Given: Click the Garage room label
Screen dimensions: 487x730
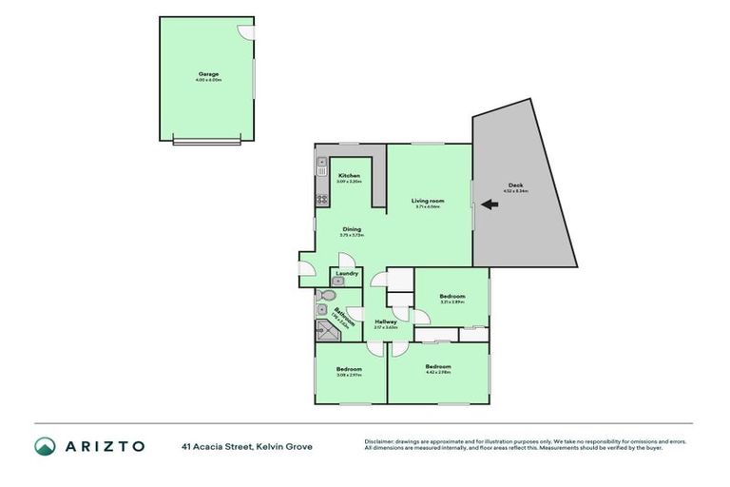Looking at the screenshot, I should pyautogui.click(x=208, y=73).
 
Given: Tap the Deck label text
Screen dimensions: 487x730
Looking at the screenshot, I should pyautogui.click(x=516, y=185).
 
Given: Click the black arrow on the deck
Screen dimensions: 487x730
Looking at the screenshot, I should pyautogui.click(x=490, y=204).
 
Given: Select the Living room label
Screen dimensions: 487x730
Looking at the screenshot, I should pyautogui.click(x=426, y=201).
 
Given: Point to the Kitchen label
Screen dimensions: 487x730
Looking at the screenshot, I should pyautogui.click(x=349, y=176).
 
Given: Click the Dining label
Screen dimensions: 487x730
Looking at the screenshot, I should pyautogui.click(x=353, y=228).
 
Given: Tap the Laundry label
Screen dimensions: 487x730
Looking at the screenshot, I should pyautogui.click(x=346, y=273).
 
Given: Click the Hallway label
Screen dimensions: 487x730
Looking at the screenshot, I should pyautogui.click(x=386, y=321).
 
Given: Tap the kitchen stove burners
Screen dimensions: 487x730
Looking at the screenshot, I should pyautogui.click(x=319, y=200).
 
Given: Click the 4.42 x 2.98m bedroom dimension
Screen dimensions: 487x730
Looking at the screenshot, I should pyautogui.click(x=438, y=373).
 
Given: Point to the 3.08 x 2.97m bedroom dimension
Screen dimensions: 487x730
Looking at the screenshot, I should pyautogui.click(x=349, y=375).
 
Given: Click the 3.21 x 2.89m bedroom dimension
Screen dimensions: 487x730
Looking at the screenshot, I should pyautogui.click(x=451, y=302).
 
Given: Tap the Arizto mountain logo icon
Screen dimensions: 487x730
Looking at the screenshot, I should pyautogui.click(x=46, y=446).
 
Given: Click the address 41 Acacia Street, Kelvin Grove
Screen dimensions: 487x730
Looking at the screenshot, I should pyautogui.click(x=247, y=446).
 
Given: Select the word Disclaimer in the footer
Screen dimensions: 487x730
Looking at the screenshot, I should pyautogui.click(x=380, y=441).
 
